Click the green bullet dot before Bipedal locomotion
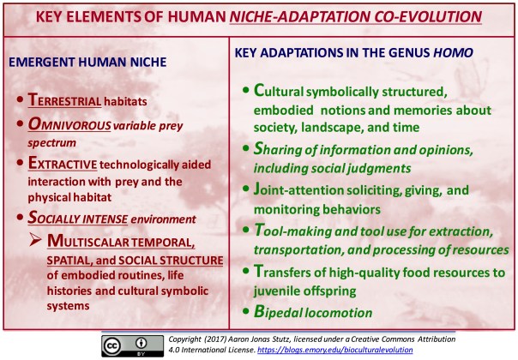click(x=247, y=313)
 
